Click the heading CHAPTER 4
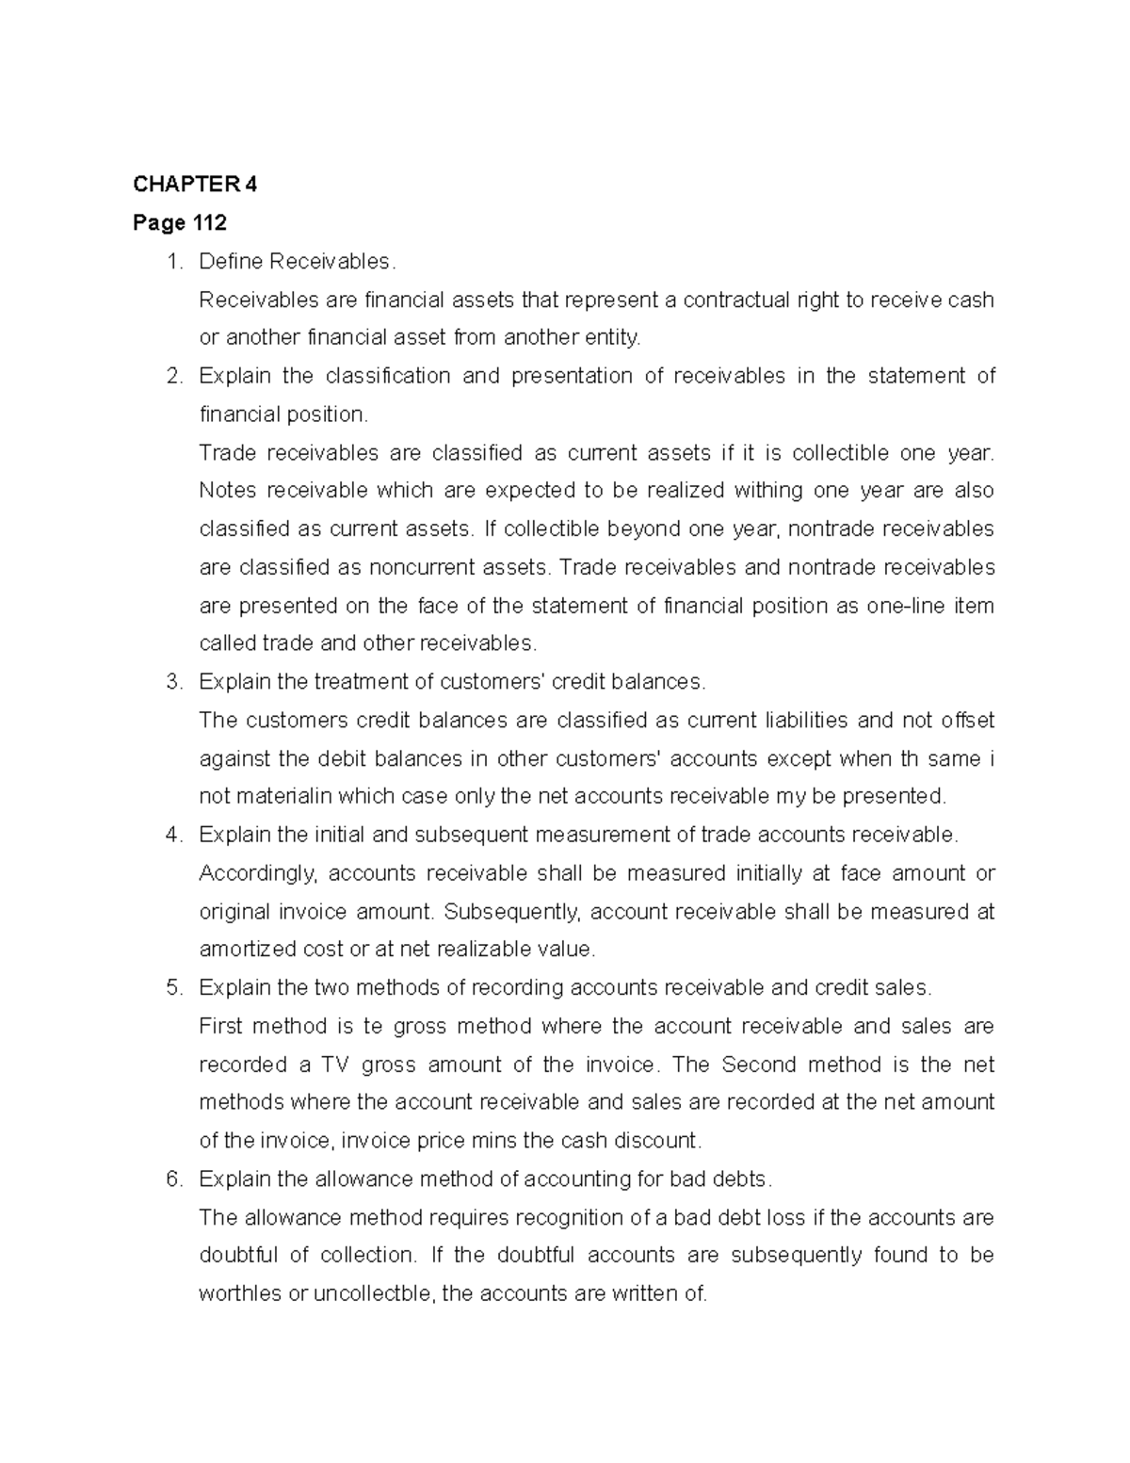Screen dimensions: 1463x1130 point(194,185)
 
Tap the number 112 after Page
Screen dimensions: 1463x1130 point(208,223)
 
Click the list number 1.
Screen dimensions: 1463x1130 point(172,261)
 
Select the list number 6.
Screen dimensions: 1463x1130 point(172,1179)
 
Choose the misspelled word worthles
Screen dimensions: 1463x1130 point(240,1294)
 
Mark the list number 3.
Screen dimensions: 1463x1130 point(172,682)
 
